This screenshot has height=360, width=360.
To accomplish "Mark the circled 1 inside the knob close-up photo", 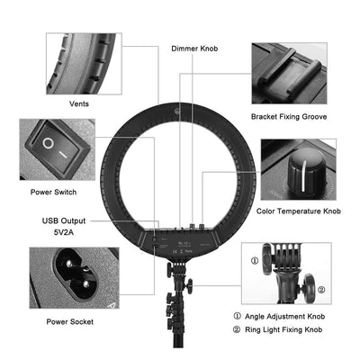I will click(x=255, y=263).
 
